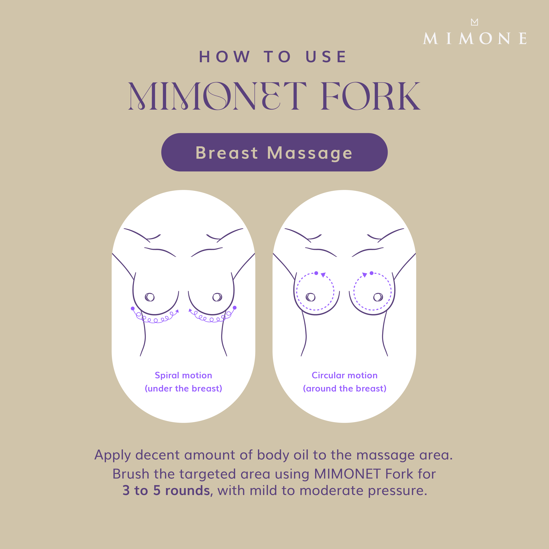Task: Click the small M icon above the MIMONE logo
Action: click(474, 22)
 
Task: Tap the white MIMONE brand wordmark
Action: click(475, 39)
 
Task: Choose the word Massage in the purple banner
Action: click(310, 153)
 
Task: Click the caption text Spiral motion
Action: click(183, 375)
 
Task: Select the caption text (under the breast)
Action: click(183, 388)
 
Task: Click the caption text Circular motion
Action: click(344, 375)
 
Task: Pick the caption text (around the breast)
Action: click(344, 388)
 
